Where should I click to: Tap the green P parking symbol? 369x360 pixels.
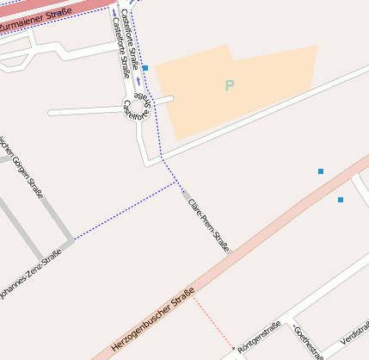[229, 85]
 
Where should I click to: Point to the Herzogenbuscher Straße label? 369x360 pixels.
[153, 323]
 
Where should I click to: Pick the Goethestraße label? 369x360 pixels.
[308, 342]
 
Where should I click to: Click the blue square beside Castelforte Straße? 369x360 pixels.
[145, 67]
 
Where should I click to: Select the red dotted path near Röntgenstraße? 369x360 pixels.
[211, 322]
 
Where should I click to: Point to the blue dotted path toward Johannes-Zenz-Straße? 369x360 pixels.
[125, 210]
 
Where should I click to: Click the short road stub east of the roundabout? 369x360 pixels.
[163, 100]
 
